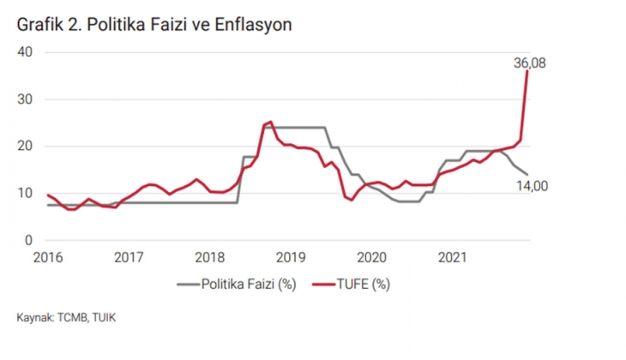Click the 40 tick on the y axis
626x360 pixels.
click(25, 51)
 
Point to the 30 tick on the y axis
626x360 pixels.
click(25, 99)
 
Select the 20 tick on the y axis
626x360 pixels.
click(25, 146)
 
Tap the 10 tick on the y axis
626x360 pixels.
click(25, 193)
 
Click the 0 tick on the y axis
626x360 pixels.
click(28, 240)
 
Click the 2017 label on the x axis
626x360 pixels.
click(128, 256)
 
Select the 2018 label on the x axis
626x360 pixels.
click(209, 256)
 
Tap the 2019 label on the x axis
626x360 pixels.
click(291, 256)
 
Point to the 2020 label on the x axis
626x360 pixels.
click(372, 256)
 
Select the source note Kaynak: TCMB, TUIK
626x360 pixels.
click(67, 319)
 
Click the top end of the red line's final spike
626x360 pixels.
click(527, 71)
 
